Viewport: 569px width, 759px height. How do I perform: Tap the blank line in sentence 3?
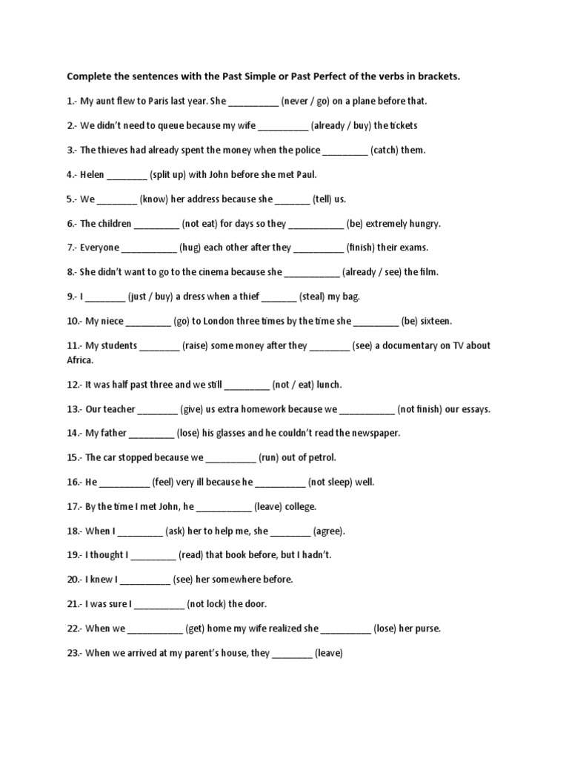[345, 150]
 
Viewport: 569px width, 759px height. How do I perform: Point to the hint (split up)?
[172, 174]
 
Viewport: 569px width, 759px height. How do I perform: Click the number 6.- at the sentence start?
[72, 223]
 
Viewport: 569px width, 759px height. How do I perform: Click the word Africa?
[80, 359]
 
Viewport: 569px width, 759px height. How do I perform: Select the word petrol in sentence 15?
[320, 457]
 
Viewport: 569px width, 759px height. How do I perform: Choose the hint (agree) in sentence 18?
[329, 531]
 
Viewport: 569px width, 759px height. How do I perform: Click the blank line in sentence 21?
[159, 605]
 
